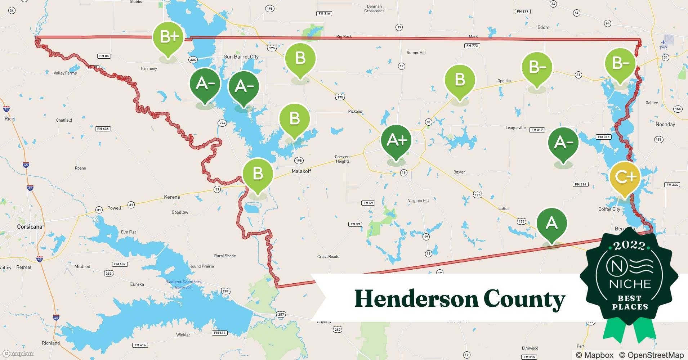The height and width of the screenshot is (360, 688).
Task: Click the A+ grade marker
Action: pos(396,140)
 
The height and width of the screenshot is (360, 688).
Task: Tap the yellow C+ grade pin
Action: pos(625,177)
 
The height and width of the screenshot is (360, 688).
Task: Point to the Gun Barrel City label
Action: pos(241,57)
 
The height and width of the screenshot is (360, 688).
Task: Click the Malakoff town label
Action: pos(301,171)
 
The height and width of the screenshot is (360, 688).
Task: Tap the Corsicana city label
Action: pos(30,226)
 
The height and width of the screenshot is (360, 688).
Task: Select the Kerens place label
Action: pos(172,197)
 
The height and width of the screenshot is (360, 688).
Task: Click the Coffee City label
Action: pos(609,209)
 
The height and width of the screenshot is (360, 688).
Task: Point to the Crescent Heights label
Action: pos(343,159)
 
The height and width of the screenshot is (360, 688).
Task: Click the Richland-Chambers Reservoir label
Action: pos(183,284)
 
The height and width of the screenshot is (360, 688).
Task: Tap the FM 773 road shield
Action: pos(472,46)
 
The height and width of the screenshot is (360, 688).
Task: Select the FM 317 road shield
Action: pos(537,130)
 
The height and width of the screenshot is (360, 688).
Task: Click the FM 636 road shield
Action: pos(103,129)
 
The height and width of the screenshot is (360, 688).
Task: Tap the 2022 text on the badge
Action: pos(629,246)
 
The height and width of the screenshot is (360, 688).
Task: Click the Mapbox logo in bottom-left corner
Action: pos(18,354)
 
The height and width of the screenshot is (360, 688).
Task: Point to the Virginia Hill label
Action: pos(418,201)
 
